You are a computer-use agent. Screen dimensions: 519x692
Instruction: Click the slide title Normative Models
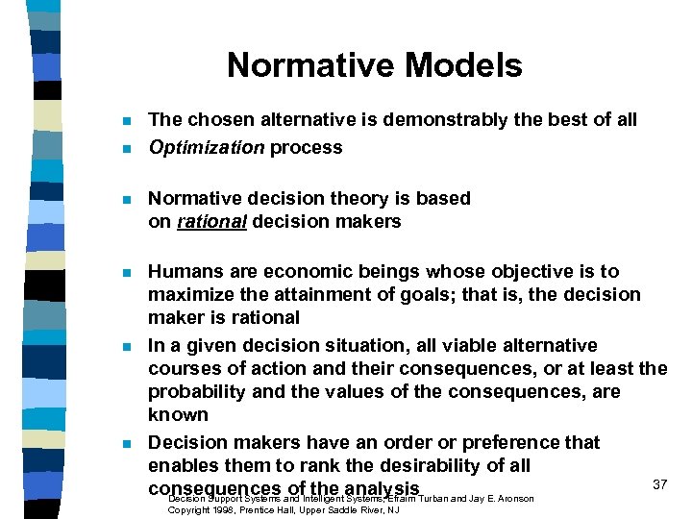(374, 65)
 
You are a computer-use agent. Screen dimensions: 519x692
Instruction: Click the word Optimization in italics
(206, 147)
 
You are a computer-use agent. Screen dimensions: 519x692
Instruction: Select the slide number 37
(659, 484)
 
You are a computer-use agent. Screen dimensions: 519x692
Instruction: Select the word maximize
(189, 295)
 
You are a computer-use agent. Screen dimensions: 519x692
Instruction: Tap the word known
(178, 415)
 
